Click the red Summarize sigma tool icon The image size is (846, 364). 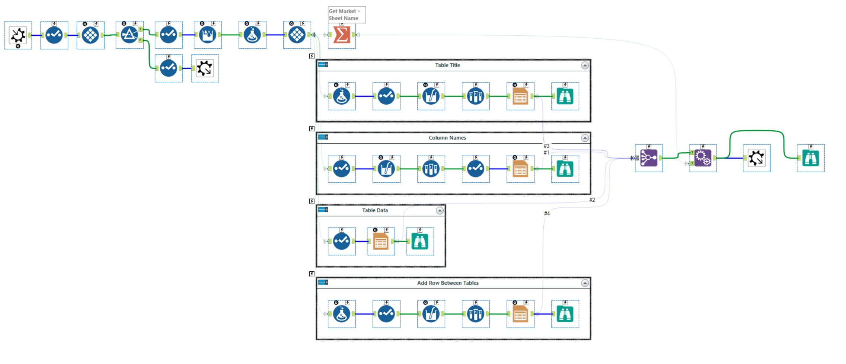(341, 35)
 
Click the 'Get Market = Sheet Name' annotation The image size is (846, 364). (346, 15)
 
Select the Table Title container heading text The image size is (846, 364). (447, 65)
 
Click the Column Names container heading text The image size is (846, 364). (447, 138)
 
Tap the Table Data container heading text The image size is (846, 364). (375, 210)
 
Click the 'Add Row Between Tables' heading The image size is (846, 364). (447, 283)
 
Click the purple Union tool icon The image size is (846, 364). (648, 158)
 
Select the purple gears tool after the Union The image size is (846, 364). (702, 158)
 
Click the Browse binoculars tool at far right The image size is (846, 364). (810, 158)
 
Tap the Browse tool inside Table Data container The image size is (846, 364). (419, 242)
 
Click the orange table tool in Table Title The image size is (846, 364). (520, 96)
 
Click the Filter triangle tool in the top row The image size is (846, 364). (129, 35)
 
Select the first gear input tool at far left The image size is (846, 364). (18, 35)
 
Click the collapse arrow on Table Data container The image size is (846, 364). (440, 211)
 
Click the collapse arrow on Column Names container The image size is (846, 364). (585, 138)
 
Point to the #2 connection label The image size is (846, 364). (592, 200)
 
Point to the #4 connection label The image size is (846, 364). (547, 213)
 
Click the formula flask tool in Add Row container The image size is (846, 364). (341, 314)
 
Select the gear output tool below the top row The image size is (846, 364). (205, 68)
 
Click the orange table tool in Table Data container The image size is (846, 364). (380, 242)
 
